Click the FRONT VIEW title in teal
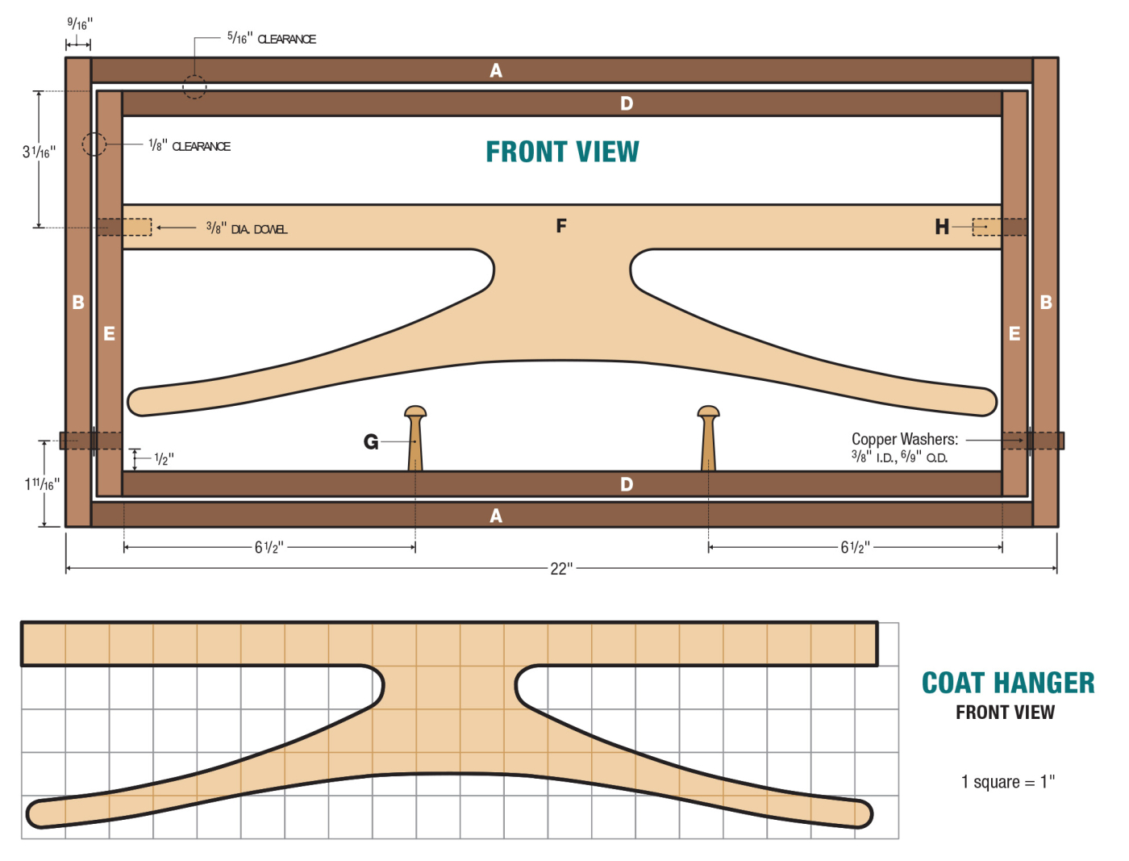562,152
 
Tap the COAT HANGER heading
1008,683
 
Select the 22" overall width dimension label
561,569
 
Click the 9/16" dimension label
79,23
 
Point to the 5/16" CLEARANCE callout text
271,38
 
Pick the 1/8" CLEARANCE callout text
190,146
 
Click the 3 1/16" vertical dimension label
38,152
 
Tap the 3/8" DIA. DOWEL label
246,229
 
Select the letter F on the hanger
561,226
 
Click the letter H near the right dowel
941,228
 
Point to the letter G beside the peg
371,442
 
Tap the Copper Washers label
904,440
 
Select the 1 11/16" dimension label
41,484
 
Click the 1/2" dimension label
164,459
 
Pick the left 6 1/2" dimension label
269,548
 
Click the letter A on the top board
496,71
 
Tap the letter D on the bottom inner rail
627,484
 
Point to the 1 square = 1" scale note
1007,782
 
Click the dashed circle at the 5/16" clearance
194,86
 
